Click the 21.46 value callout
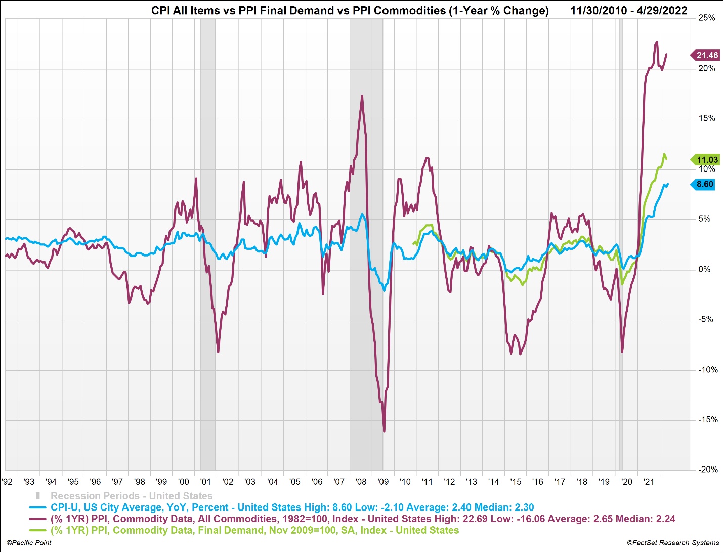707,55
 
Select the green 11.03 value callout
707,160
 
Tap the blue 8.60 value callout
704,184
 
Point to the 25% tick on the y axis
707,18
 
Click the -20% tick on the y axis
708,470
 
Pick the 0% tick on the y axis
704,269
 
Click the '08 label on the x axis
361,481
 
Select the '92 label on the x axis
7,481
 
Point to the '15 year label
516,481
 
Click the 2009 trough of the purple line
384,431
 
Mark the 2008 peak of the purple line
362,96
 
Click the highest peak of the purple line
657,42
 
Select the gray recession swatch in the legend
37,496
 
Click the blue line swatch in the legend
38,507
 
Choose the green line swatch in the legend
38,530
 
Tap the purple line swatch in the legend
38,519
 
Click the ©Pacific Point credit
29,543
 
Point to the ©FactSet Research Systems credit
673,543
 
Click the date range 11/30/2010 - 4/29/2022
629,11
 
